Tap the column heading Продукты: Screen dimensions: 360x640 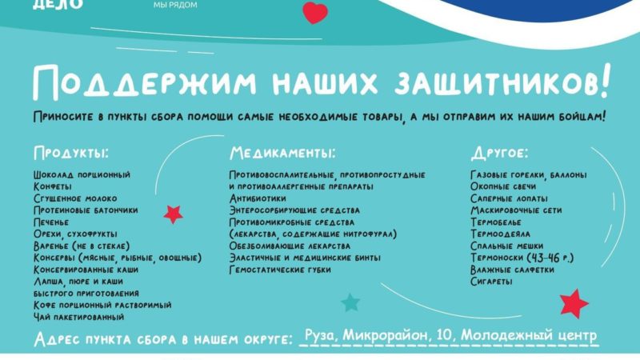pyautogui.click(x=71, y=152)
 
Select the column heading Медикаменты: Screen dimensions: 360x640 pyautogui.click(x=282, y=152)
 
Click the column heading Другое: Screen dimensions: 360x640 pyautogui.click(x=500, y=152)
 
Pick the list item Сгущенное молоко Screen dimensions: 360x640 pyautogui.click(x=75, y=198)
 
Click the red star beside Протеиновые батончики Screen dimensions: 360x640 pyautogui.click(x=173, y=214)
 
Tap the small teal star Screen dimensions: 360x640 pyautogui.click(x=350, y=302)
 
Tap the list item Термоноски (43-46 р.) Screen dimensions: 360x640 pyautogui.click(x=526, y=258)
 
